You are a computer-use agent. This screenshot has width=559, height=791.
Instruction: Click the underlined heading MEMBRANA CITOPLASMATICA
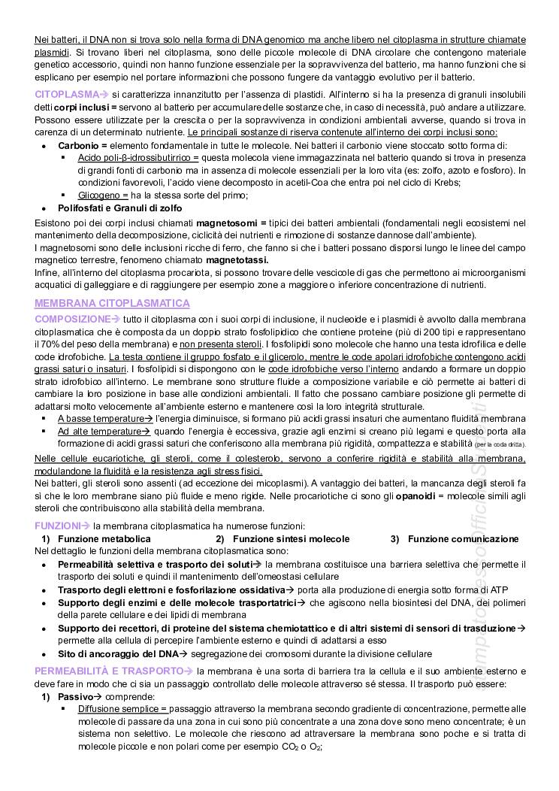click(x=113, y=303)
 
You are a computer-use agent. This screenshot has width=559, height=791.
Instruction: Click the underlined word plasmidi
click(x=53, y=53)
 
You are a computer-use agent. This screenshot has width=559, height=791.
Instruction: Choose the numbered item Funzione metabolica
click(x=104, y=539)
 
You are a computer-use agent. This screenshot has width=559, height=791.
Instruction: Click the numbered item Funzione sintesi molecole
click(x=291, y=539)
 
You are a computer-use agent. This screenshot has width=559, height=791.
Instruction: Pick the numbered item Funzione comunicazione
click(x=463, y=539)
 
